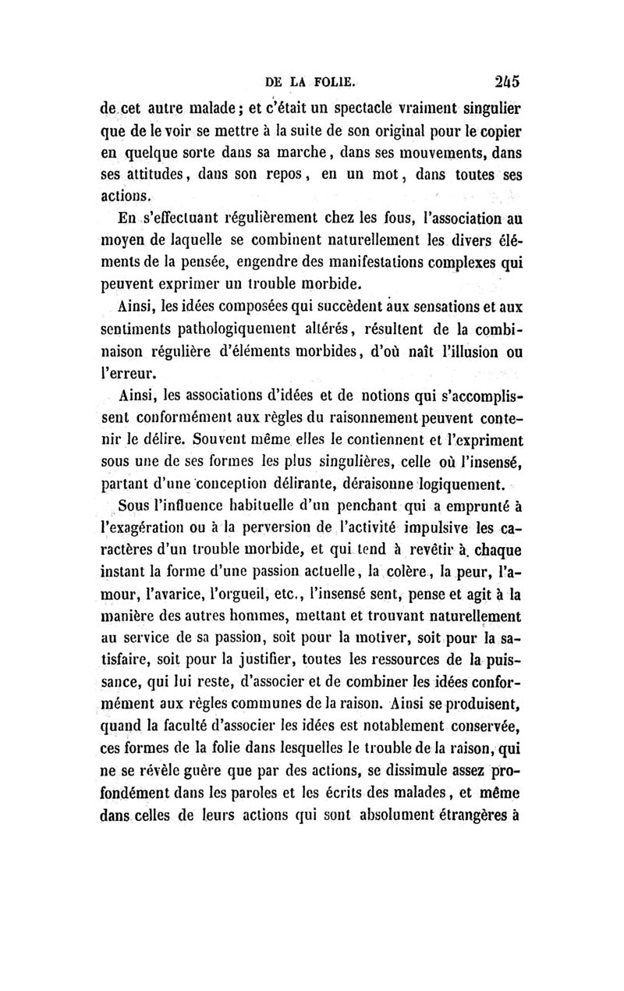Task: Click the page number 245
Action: [506, 79]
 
